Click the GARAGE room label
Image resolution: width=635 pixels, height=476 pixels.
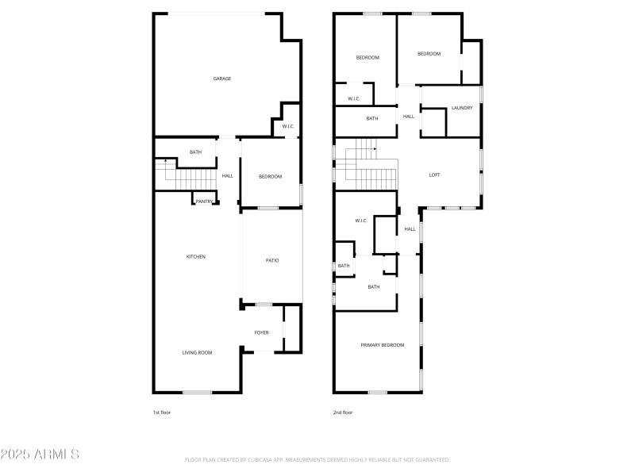pyautogui.click(x=221, y=79)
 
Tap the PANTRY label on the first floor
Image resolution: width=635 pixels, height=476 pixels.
pyautogui.click(x=204, y=202)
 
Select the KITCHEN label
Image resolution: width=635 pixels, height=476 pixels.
pyautogui.click(x=196, y=256)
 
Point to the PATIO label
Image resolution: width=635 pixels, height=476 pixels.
pyautogui.click(x=272, y=260)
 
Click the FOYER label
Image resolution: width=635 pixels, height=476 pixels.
pyautogui.click(x=261, y=332)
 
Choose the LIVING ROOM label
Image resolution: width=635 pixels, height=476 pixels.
pyautogui.click(x=198, y=352)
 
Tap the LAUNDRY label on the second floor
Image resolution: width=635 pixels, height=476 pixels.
pyautogui.click(x=462, y=108)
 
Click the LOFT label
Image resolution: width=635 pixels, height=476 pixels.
pyautogui.click(x=434, y=175)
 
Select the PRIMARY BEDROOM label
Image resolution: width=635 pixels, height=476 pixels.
pyautogui.click(x=383, y=345)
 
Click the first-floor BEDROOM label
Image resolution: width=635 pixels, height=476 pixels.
pyautogui.click(x=271, y=176)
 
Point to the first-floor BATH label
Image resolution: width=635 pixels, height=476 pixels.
pyautogui.click(x=195, y=152)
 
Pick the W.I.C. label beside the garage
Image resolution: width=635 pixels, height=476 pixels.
pyautogui.click(x=288, y=126)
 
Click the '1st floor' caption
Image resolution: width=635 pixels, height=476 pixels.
pyautogui.click(x=162, y=413)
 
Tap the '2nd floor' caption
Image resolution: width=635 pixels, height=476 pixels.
pyautogui.click(x=343, y=413)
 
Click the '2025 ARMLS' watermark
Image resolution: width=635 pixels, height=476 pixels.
pyautogui.click(x=40, y=455)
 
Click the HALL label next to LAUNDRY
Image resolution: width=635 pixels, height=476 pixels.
pyautogui.click(x=409, y=117)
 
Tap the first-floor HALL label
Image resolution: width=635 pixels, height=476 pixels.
pyautogui.click(x=228, y=176)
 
